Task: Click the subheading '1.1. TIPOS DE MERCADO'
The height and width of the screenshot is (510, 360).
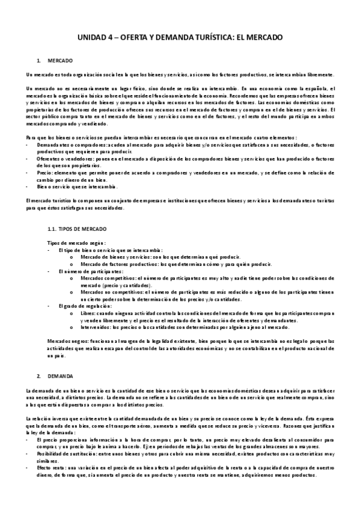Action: (x=76, y=229)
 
